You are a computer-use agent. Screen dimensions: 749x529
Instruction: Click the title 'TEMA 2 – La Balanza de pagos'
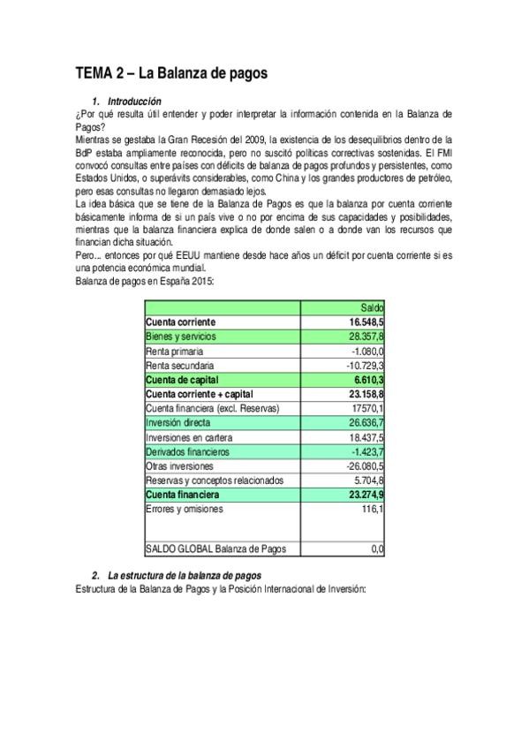point(171,74)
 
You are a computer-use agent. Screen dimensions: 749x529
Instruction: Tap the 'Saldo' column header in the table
point(373,307)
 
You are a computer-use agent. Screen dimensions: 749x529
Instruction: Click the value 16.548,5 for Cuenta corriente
point(366,322)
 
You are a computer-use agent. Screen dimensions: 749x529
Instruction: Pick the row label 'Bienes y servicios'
point(180,337)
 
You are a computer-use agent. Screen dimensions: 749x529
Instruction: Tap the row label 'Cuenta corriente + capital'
point(200,393)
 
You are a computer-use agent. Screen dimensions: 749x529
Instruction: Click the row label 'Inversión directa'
point(179,422)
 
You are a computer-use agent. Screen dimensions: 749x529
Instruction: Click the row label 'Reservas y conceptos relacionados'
point(215,480)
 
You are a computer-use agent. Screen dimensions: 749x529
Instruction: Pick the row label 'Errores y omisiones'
point(185,508)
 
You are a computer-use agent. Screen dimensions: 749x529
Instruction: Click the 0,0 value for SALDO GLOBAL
point(377,549)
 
